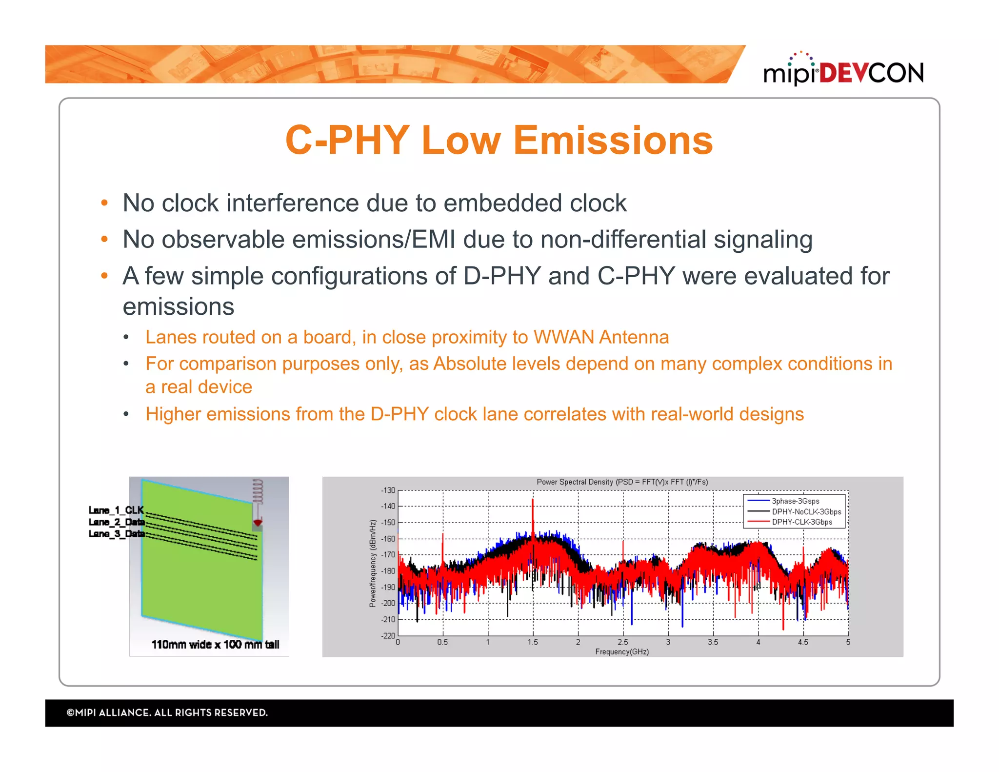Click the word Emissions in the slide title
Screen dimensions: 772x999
613,141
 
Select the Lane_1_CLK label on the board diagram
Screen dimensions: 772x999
116,510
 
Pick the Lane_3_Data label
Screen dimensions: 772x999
116,533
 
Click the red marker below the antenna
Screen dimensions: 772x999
258,523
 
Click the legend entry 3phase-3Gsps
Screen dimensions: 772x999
795,501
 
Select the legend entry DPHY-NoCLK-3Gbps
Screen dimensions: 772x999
806,512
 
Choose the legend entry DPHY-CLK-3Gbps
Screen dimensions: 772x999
801,522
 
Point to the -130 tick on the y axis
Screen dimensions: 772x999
388,490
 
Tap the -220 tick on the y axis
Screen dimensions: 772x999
388,635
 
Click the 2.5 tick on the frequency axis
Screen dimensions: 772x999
623,642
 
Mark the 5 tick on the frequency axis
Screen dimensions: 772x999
848,642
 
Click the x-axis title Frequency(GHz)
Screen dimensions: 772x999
622,652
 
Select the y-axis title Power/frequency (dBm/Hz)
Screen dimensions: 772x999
373,564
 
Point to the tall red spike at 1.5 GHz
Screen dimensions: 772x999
533,512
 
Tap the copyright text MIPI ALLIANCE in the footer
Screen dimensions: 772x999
167,713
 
